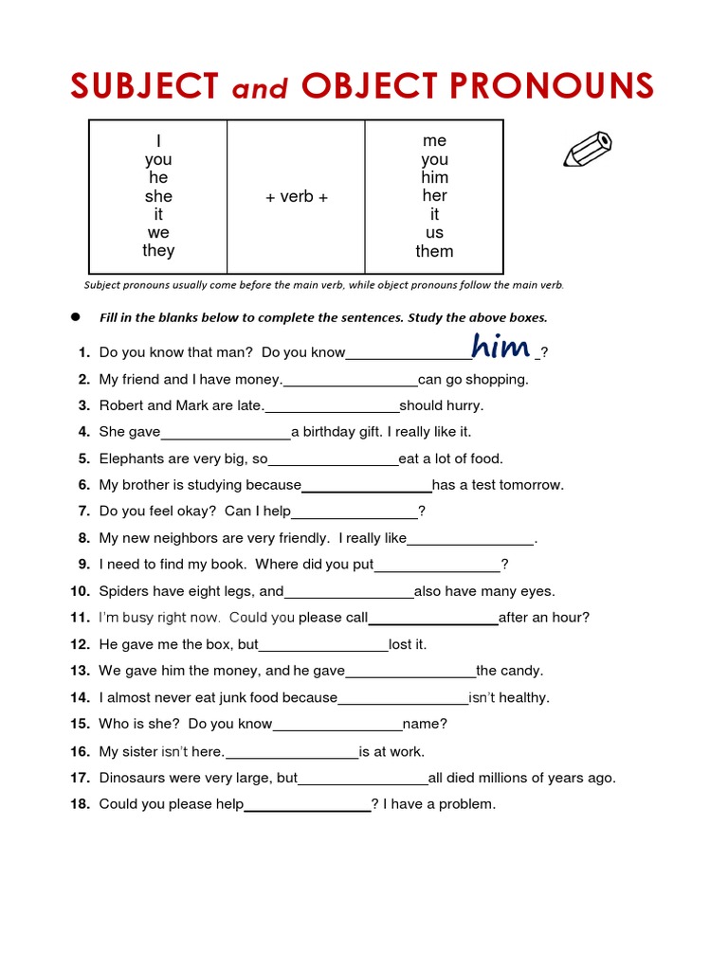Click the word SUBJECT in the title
coord(144,86)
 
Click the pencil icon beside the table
coord(588,149)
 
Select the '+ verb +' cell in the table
coord(296,197)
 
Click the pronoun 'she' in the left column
coord(158,196)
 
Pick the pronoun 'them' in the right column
coord(434,251)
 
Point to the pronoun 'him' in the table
coord(434,177)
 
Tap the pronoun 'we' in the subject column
coord(158,232)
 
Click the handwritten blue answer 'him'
coord(500,348)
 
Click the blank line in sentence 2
coord(350,381)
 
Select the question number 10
coord(80,591)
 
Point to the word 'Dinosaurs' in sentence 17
coord(135,778)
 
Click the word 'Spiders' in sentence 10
coord(124,591)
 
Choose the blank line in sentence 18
coord(307,806)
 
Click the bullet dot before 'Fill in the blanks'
coord(73,317)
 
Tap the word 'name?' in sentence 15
coord(425,724)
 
